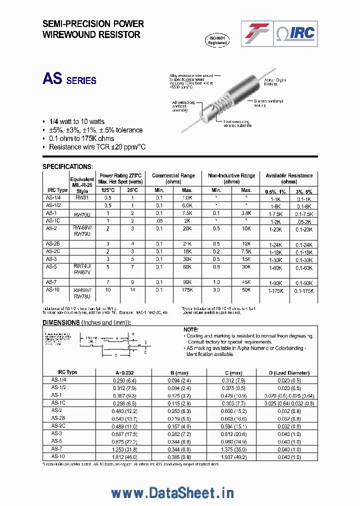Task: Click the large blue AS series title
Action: (x=69, y=79)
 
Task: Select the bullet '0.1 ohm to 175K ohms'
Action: (x=81, y=138)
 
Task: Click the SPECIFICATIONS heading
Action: (x=67, y=166)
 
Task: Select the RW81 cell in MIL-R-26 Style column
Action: (x=81, y=197)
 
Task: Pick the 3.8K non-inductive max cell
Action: (x=246, y=213)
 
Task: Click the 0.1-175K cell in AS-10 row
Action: (x=303, y=290)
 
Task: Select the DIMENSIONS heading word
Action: (x=61, y=323)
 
